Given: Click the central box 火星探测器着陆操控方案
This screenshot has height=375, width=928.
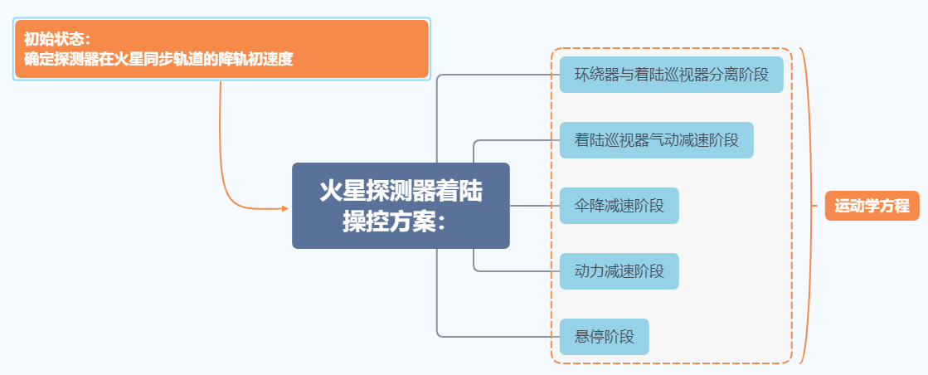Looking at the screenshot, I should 401,205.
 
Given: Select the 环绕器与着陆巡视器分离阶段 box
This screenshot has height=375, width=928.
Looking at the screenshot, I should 671,75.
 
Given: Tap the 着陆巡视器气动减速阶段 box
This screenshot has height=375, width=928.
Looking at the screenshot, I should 656,140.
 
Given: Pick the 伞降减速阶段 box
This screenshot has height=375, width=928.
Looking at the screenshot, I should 619,206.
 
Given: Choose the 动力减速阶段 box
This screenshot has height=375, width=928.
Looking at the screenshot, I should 619,271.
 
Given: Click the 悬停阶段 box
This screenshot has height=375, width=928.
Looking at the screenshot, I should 604,337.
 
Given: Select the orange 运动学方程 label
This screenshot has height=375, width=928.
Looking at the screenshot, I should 872,206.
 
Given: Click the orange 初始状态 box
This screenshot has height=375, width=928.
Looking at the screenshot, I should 221,49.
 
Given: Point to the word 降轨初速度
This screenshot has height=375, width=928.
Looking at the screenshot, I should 255,59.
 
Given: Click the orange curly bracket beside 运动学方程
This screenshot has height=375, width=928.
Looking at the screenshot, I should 807,206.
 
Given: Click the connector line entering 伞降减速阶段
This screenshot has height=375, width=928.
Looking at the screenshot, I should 535,206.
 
